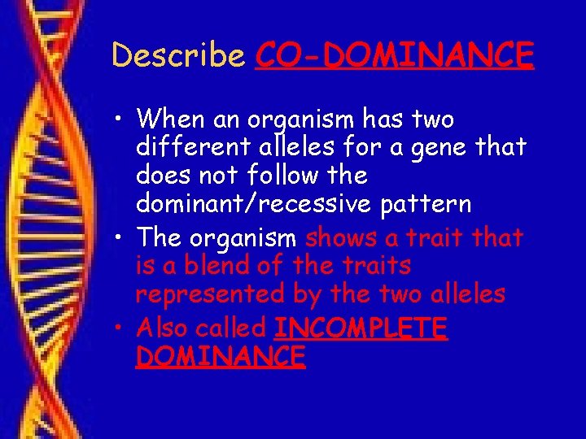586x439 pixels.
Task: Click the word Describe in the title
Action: pyautogui.click(x=178, y=55)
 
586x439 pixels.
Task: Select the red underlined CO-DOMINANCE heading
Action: pyautogui.click(x=394, y=55)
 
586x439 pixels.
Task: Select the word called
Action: pyautogui.click(x=237, y=328)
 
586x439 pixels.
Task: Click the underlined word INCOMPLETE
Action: pyautogui.click(x=361, y=328)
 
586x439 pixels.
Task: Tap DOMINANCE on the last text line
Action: pyautogui.click(x=221, y=355)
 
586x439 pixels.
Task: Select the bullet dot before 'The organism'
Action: pyautogui.click(x=120, y=239)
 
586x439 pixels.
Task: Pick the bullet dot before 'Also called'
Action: pyautogui.click(x=120, y=329)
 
